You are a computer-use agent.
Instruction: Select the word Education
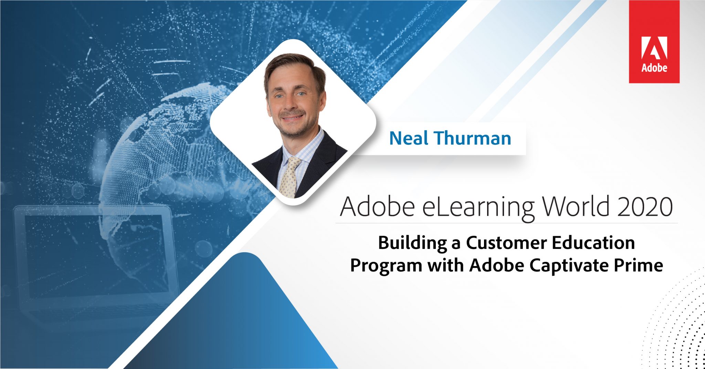tap(593, 243)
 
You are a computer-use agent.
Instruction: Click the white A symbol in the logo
tap(654, 48)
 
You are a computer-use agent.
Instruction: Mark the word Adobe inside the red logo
tap(654, 68)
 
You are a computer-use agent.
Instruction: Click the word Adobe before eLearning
tap(377, 207)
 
